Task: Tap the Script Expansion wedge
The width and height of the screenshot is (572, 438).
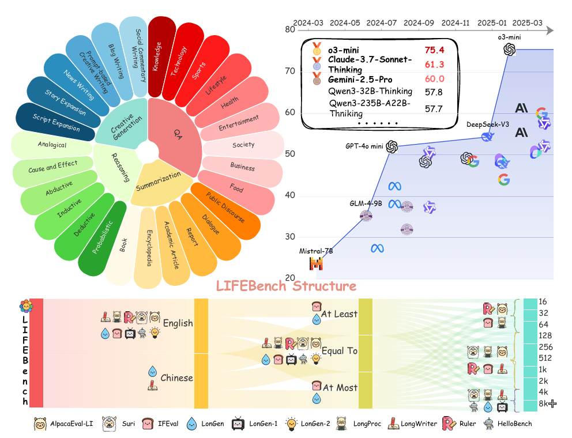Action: point(56,123)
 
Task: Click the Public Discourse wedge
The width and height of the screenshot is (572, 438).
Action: point(225,208)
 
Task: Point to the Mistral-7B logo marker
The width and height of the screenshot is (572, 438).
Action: point(317,263)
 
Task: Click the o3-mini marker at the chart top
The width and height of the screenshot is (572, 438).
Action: point(510,50)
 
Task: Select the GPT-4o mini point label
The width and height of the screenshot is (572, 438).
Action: point(364,146)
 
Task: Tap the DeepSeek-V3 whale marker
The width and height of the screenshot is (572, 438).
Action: point(487,137)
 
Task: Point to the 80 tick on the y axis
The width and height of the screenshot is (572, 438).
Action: point(289,29)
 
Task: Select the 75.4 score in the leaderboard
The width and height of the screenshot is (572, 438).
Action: point(434,50)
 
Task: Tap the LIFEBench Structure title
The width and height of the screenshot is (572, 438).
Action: point(286,286)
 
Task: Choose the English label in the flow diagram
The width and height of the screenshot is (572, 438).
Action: point(178,323)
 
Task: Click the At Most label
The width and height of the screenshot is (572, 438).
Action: point(339,388)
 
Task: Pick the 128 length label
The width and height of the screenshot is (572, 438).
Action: point(545,335)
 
